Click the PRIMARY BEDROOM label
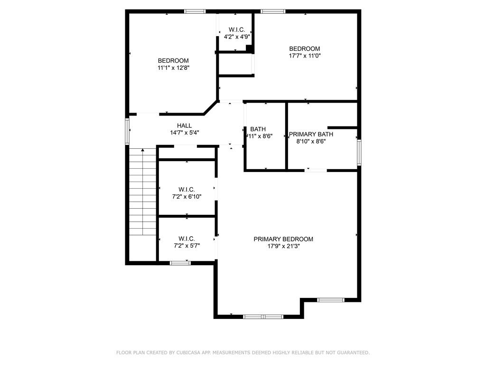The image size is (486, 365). tap(283, 239)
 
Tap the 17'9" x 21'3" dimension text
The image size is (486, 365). tap(283, 246)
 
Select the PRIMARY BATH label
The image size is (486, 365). tap(311, 134)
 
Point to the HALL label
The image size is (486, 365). tap(184, 125)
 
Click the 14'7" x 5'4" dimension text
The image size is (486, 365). tap(184, 133)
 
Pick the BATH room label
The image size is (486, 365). tap(258, 129)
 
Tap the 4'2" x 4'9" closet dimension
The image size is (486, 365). tap(237, 36)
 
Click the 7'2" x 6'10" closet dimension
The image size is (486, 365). tap(187, 196)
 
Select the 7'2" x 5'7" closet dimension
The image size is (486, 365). tap(187, 246)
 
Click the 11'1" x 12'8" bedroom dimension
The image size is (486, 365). tap(173, 67)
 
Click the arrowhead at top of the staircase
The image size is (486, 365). tap(143, 151)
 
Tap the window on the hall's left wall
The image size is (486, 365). tap(127, 131)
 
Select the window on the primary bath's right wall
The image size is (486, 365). tap(359, 152)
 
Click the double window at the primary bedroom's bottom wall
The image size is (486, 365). tap(263, 316)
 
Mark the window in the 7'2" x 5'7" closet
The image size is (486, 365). tap(180, 262)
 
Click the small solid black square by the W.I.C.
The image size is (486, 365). tap(249, 48)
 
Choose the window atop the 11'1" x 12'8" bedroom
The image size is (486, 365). tap(195, 11)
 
